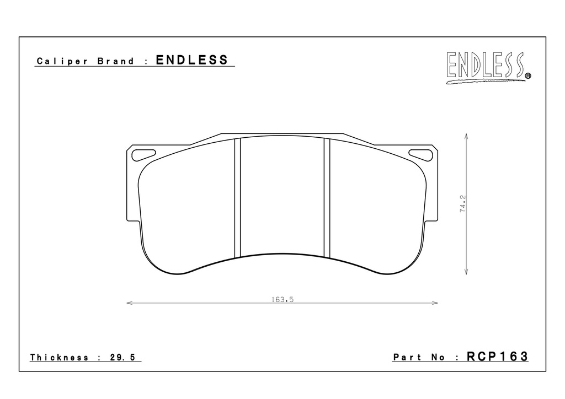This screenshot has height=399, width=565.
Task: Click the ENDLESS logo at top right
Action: coord(488,68)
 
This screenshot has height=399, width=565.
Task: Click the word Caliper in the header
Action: coord(62,61)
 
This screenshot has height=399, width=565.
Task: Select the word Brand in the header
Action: coord(116,61)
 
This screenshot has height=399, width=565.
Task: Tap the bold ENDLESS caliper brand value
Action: coord(192,60)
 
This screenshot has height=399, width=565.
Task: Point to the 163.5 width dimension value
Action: coord(282,299)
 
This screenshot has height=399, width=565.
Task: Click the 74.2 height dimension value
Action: coord(463,204)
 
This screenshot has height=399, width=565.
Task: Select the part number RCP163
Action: coord(497,356)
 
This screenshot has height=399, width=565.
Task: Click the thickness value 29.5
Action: coord(122,357)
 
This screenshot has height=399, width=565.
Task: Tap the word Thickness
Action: coord(60,357)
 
